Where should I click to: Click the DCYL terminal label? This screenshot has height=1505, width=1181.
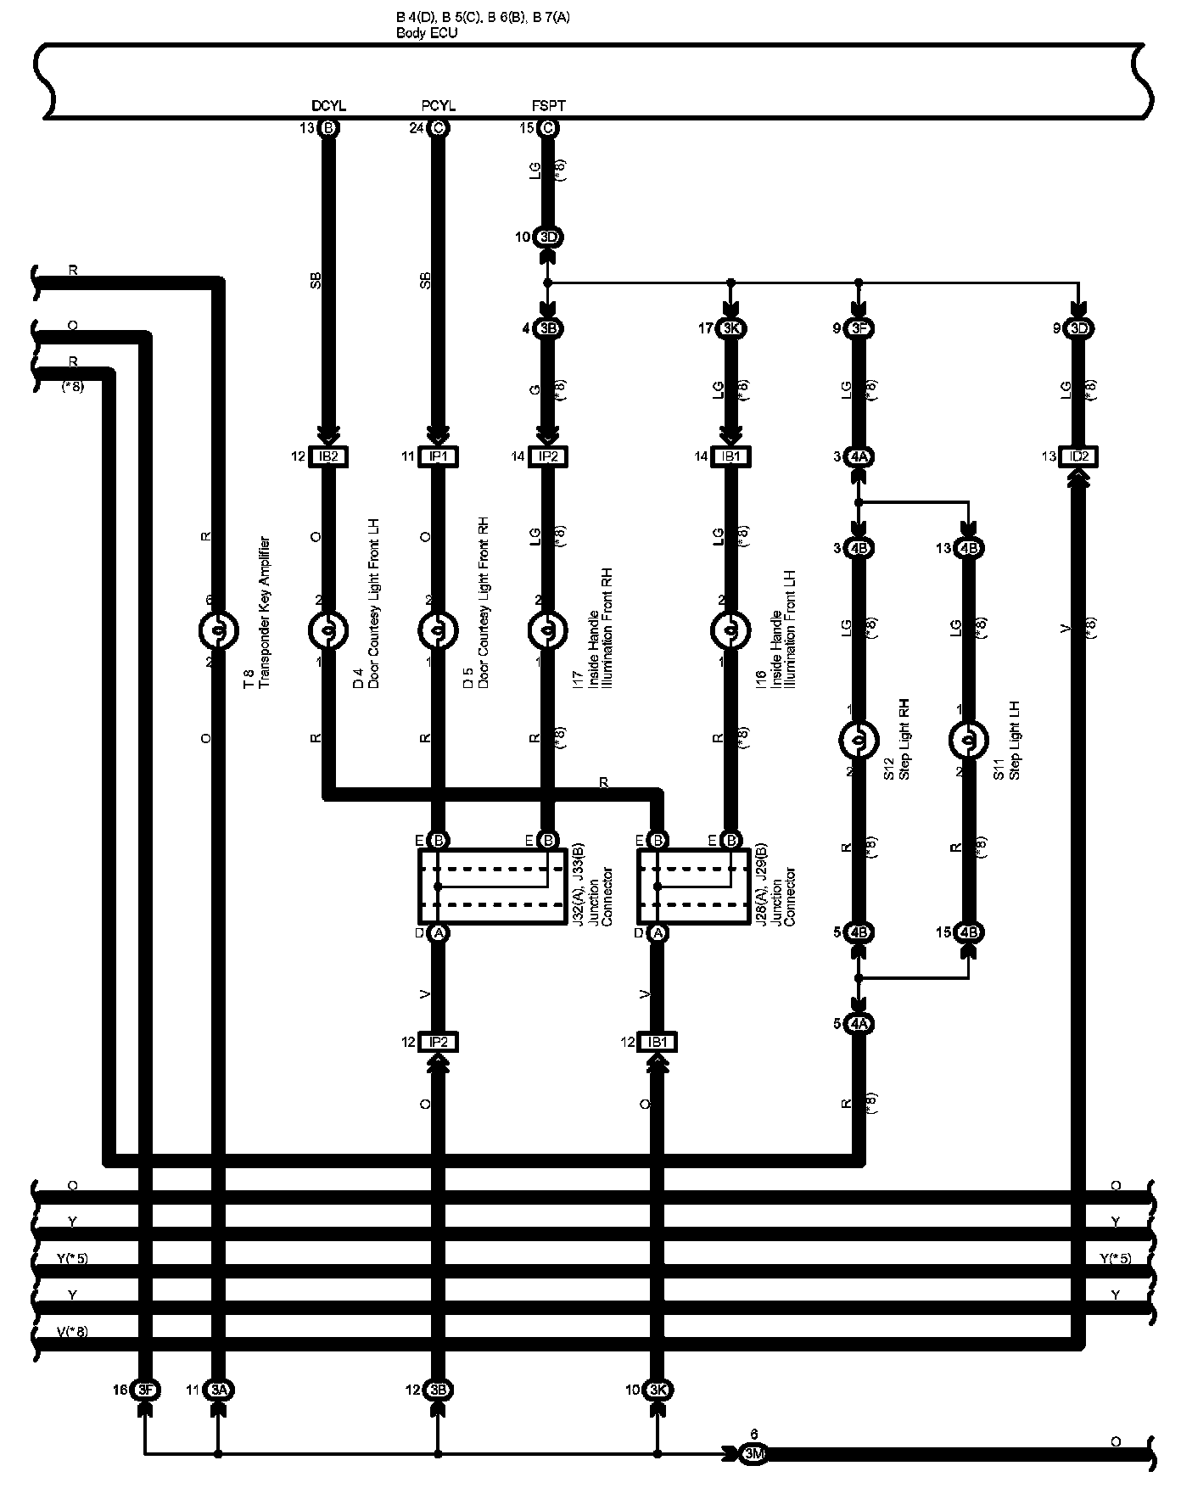(328, 106)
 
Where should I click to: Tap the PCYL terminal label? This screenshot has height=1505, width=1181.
(438, 106)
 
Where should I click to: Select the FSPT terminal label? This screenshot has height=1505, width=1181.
(548, 106)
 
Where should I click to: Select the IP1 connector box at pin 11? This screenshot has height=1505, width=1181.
(438, 456)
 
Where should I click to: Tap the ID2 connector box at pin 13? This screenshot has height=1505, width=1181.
(1079, 456)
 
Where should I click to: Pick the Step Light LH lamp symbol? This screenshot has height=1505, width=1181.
(968, 741)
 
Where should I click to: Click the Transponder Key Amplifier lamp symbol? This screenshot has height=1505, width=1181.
(218, 631)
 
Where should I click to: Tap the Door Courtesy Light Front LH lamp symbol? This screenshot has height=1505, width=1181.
(328, 631)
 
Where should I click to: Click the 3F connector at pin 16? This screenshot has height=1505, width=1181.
(145, 1390)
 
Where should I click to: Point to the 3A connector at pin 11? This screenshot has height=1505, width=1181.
(219, 1390)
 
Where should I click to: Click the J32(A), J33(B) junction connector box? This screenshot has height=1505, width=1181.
(492, 887)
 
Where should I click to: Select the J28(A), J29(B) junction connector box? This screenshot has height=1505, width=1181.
(693, 887)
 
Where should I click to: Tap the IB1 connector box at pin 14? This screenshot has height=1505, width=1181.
(730, 456)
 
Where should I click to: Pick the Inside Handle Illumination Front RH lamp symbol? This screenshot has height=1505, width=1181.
(548, 631)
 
